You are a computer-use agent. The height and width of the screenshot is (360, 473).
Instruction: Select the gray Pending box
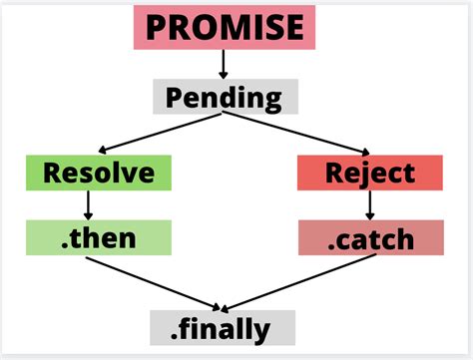point(224,97)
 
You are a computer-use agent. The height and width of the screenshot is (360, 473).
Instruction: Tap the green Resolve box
point(98,173)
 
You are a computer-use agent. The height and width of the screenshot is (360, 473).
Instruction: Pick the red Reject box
point(370,173)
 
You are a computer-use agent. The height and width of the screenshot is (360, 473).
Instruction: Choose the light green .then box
point(98,237)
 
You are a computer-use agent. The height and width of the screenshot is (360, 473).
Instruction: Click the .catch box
point(370,237)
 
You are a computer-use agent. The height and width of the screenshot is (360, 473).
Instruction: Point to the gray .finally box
point(224,327)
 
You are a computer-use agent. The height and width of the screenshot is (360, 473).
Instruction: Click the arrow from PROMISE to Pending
point(224,64)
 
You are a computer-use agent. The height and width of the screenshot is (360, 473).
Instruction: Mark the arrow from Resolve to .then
point(88,204)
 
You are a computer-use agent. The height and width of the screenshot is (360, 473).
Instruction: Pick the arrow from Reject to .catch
point(370,204)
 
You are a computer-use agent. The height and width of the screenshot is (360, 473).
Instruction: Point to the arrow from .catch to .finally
point(299,281)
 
